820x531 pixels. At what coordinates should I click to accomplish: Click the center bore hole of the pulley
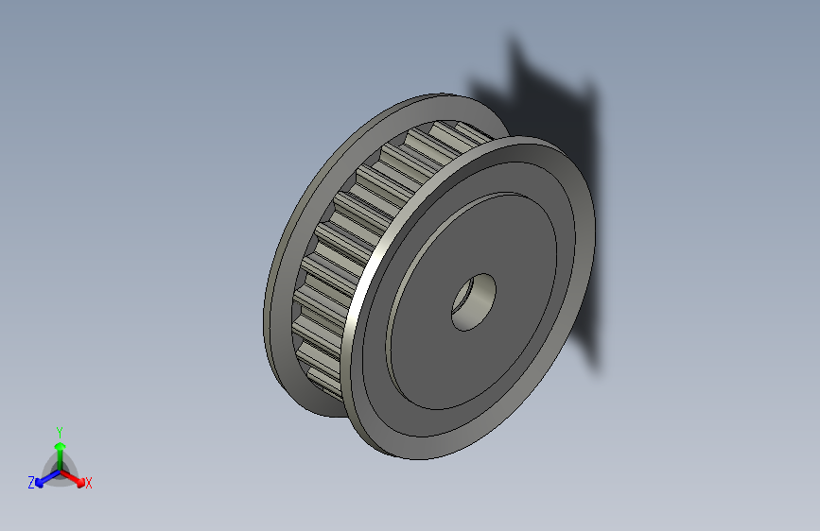(474, 301)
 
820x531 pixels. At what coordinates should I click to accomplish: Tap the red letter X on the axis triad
(89, 483)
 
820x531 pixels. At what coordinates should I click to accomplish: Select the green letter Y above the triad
(59, 431)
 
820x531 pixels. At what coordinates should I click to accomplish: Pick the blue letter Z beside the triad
(31, 482)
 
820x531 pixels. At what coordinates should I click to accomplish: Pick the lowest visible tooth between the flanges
(326, 382)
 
